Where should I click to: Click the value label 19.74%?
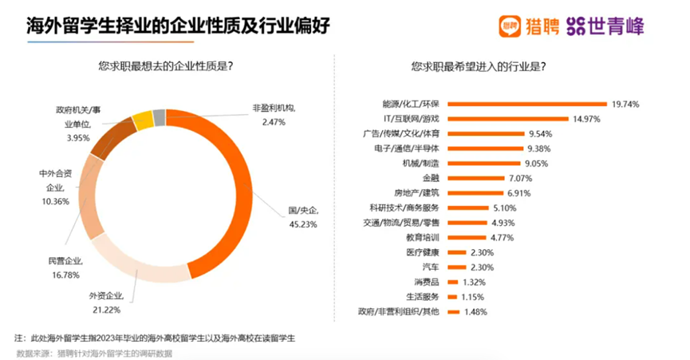(626, 104)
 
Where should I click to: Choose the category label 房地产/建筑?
(415, 192)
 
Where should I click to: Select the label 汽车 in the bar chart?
(428, 267)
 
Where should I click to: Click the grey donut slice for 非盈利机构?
(160, 117)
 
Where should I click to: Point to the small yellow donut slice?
(143, 121)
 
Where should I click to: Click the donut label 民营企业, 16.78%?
(65, 267)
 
